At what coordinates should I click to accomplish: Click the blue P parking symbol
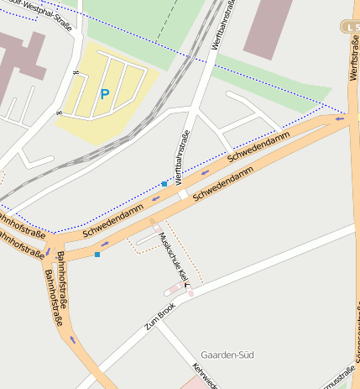point(104,95)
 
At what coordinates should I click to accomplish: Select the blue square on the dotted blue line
point(164,183)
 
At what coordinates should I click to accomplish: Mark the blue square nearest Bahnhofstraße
point(97,254)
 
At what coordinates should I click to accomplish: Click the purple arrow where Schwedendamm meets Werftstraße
point(339,118)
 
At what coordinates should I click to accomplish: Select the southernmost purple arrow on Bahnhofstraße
point(73,339)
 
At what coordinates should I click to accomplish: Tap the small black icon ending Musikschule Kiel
point(185,285)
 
